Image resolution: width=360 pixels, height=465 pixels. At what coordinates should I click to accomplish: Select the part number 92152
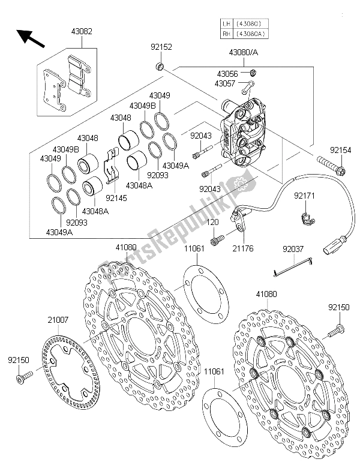pyautogui.click(x=161, y=47)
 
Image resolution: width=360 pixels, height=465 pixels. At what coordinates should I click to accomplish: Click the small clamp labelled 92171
pyautogui.click(x=308, y=220)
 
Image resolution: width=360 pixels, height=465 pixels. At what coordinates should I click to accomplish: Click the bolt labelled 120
pyautogui.click(x=218, y=238)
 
